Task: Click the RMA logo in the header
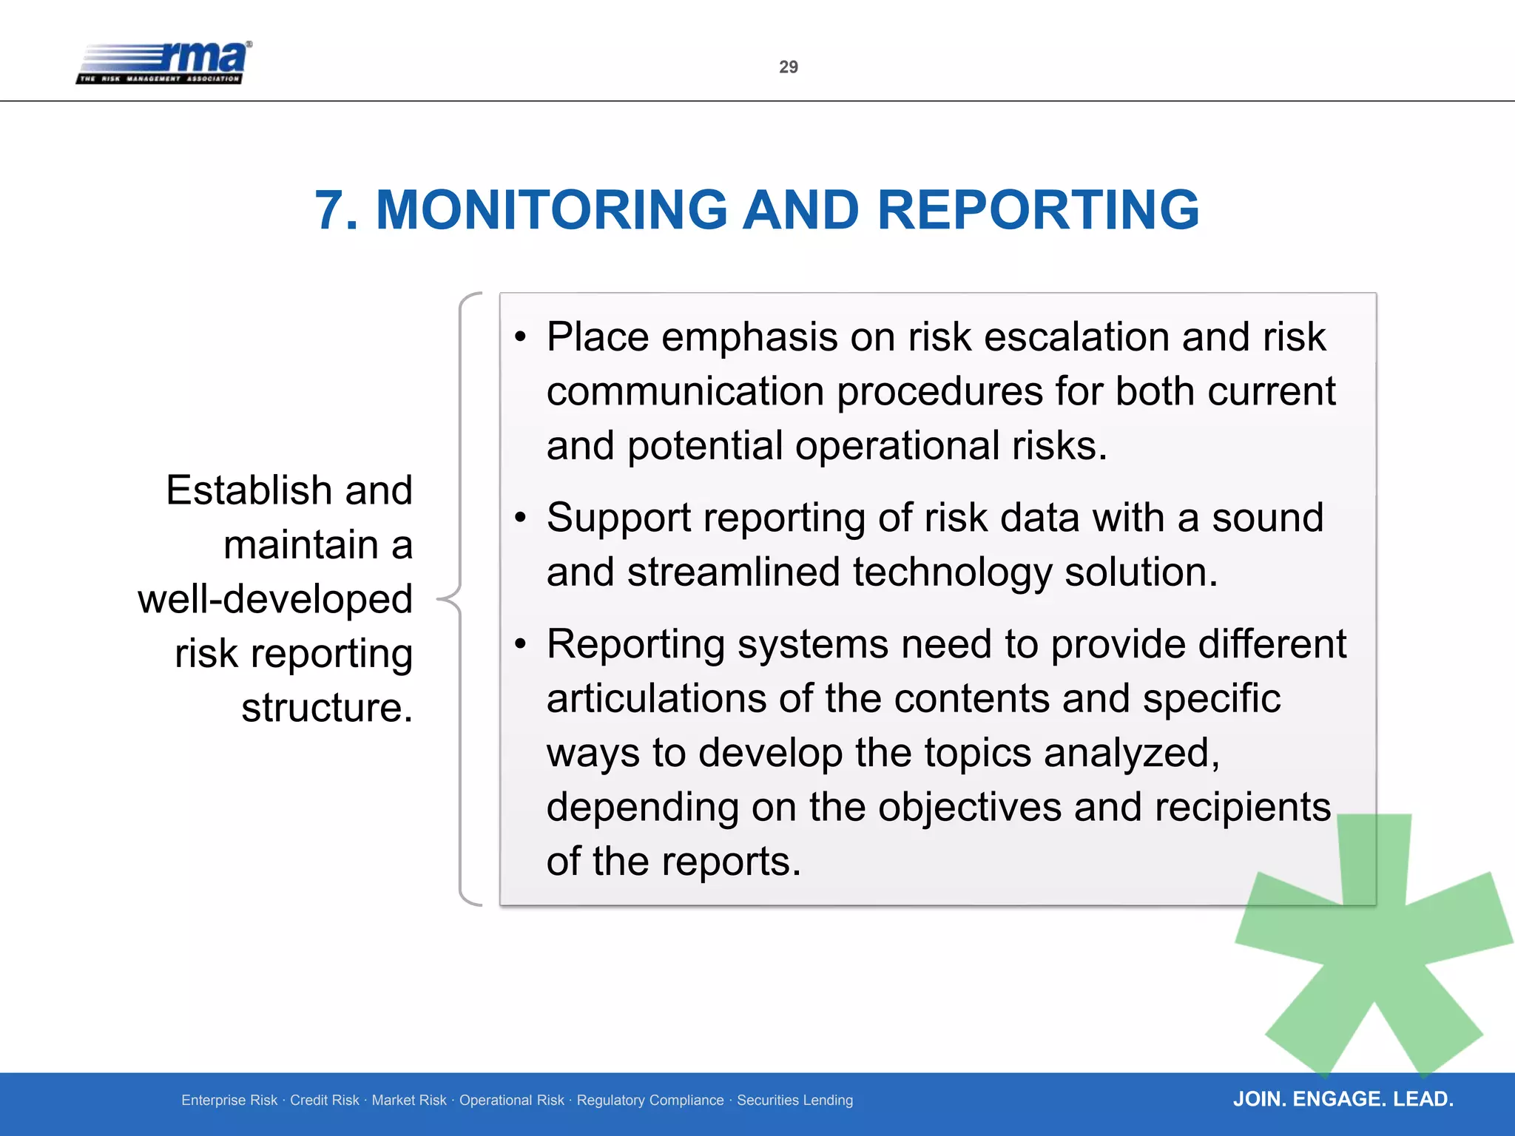pos(164,63)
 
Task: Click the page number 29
pos(789,67)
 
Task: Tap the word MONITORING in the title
pos(552,210)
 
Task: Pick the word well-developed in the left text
pos(275,599)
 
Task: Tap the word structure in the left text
pos(323,708)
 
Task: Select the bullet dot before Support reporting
pos(521,518)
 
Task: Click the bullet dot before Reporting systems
pos(521,644)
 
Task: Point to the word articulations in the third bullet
pos(656,699)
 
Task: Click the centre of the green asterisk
pos(1374,943)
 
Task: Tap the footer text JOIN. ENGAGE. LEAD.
pos(1343,1099)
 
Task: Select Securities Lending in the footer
pos(794,1100)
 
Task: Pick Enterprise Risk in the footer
pos(229,1100)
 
